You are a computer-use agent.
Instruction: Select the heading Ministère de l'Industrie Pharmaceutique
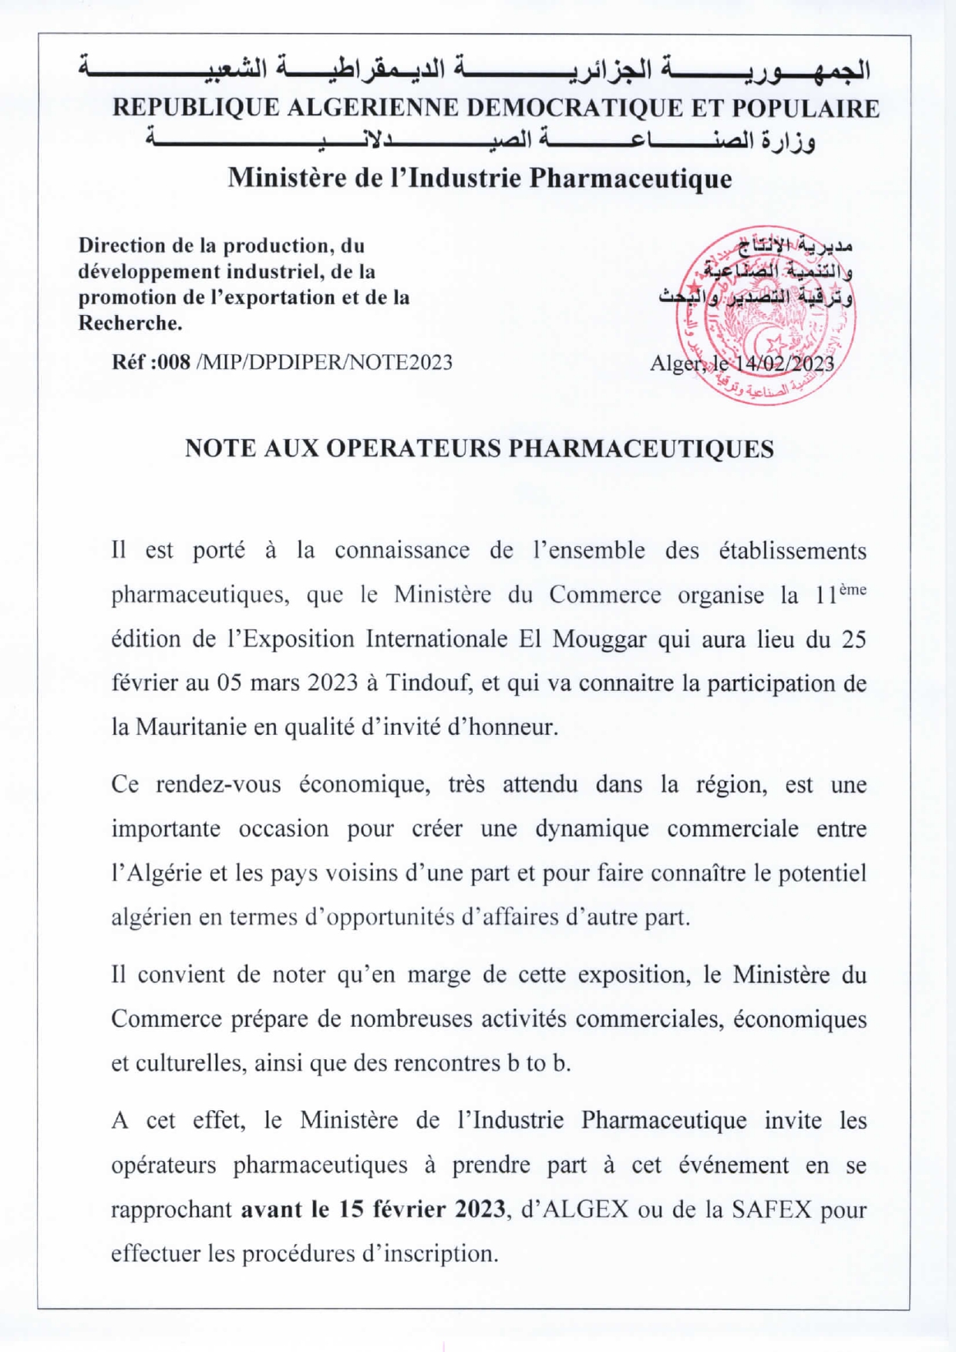(479, 179)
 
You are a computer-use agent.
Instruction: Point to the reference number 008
(173, 362)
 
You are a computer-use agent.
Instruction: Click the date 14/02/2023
(785, 363)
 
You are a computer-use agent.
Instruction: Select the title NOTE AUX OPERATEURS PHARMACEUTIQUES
(479, 448)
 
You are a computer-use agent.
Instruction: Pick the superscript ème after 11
(852, 590)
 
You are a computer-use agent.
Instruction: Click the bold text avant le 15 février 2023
(373, 1209)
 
